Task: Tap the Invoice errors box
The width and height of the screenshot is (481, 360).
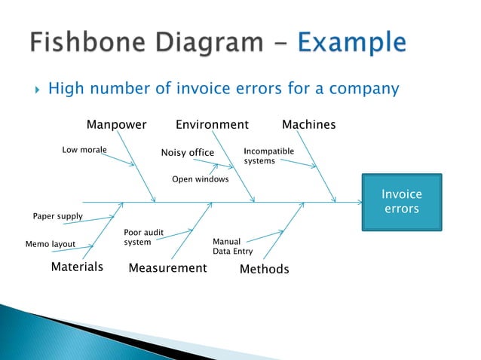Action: [x=402, y=202]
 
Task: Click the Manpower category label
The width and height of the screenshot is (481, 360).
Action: [x=116, y=124]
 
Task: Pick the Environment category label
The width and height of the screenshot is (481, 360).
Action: [x=212, y=124]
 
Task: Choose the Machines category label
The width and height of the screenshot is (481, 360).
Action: [x=308, y=124]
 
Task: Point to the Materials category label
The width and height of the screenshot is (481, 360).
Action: [x=77, y=267]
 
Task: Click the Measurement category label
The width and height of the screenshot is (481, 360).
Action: [x=167, y=268]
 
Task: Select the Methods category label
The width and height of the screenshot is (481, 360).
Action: [x=264, y=269]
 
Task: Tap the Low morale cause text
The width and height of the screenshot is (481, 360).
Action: [x=84, y=150]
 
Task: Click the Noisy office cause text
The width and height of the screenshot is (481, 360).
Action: [x=188, y=153]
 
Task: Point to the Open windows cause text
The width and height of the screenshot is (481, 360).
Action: [x=201, y=179]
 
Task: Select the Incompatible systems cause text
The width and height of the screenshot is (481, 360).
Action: [x=268, y=156]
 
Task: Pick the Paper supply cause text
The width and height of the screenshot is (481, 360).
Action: [x=57, y=217]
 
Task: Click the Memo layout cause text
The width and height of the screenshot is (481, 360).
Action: [x=51, y=244]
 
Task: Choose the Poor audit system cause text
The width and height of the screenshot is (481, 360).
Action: [x=143, y=237]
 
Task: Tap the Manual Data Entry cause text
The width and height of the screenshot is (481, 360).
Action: [x=232, y=246]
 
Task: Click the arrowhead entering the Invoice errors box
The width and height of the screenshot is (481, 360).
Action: [x=360, y=202]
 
